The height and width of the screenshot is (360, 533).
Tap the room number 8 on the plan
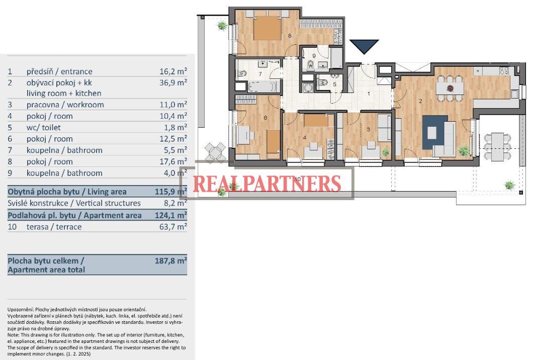pyautogui.click(x=290, y=35)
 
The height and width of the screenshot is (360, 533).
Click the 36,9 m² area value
pyautogui.click(x=173, y=82)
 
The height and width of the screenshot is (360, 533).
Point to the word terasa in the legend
pyautogui.click(x=37, y=227)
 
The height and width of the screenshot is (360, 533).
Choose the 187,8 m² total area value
pyautogui.click(x=170, y=261)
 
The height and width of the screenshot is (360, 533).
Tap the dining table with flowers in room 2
pyautogui.click(x=450, y=88)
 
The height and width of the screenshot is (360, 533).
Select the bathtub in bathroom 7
pyautogui.click(x=261, y=86)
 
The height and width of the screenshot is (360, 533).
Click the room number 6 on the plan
pyautogui.click(x=265, y=118)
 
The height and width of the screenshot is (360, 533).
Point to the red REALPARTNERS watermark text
pyautogui.click(x=267, y=184)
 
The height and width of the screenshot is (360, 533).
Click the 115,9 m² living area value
pyautogui.click(x=170, y=192)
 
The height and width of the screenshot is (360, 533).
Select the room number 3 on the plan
pyautogui.click(x=368, y=130)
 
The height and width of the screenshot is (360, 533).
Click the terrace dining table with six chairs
pyautogui.click(x=497, y=146)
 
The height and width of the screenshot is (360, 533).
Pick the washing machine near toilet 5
pyautogui.click(x=308, y=87)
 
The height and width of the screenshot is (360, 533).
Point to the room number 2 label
pyautogui.click(x=420, y=101)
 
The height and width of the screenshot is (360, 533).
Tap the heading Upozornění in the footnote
pyautogui.click(x=21, y=309)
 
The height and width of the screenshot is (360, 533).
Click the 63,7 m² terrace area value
pyautogui.click(x=173, y=226)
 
